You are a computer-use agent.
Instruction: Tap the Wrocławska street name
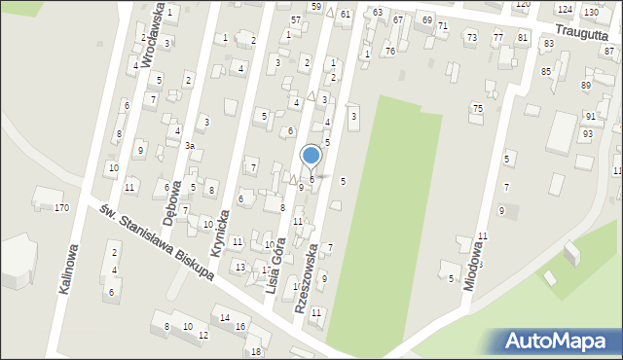click(x=150, y=33)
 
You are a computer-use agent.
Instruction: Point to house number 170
click(x=61, y=207)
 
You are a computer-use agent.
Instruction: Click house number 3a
click(x=191, y=146)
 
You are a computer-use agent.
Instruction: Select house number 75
click(x=477, y=108)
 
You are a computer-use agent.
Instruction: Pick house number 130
click(x=591, y=12)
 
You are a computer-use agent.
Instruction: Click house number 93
click(x=587, y=132)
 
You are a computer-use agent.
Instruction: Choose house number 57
click(x=296, y=19)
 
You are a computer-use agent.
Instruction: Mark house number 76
click(x=389, y=51)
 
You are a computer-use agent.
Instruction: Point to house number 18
click(x=256, y=351)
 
